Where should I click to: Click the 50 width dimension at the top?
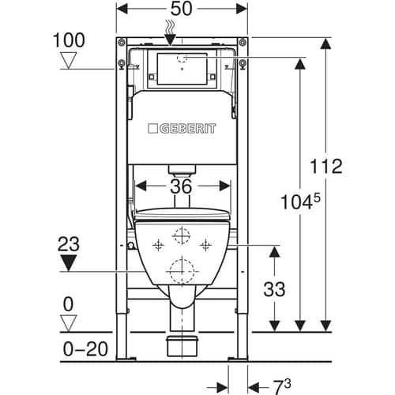coord(182,9)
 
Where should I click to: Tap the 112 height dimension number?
coord(326,166)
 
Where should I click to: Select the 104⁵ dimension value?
coord(300,201)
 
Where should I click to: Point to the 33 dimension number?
coord(274,289)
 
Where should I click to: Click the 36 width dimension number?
coord(181,186)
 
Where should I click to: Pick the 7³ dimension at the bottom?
coord(281,386)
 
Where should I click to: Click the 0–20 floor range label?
coord(85,349)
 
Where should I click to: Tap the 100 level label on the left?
coord(69,40)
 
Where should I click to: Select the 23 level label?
coord(69,244)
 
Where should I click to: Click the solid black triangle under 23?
coord(69,262)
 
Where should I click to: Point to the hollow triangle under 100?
coord(69,60)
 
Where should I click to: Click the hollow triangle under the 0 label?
coord(69,323)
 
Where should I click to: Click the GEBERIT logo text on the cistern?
coord(182,129)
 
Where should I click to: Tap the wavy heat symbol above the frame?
coord(171,27)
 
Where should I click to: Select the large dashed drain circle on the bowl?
coord(182,271)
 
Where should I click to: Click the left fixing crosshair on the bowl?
coord(158,246)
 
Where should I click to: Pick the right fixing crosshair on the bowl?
coord(205,246)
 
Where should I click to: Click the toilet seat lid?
coord(182,215)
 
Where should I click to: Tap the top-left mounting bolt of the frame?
coord(122,42)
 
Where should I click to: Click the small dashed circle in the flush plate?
coord(182,58)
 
